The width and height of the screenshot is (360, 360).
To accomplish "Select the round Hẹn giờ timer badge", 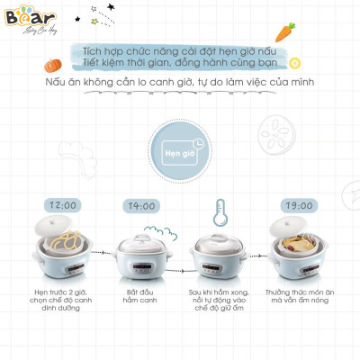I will point(179,150).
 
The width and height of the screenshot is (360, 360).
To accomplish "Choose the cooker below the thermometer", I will point(219,256).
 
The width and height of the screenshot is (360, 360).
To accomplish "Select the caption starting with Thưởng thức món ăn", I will point(298,299).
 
